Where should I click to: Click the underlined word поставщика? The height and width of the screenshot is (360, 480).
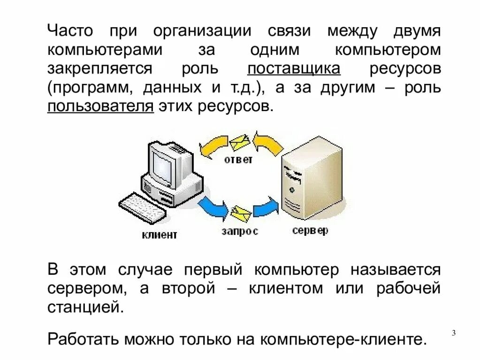pos(294,69)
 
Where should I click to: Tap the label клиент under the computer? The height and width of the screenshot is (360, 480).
pos(160,234)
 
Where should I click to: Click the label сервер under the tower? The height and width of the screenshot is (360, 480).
pos(310,230)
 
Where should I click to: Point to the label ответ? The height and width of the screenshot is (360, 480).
pos(238,159)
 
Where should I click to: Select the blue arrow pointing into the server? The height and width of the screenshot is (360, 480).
pos(266,207)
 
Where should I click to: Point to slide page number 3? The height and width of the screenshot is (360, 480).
pos(454,333)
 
